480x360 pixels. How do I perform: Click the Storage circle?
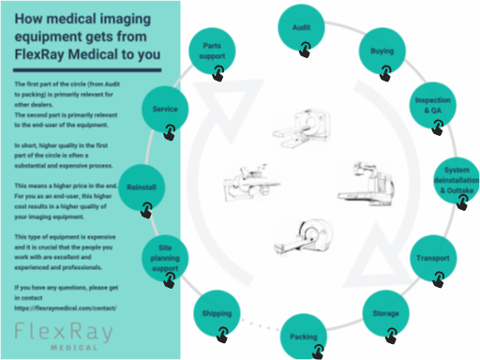(383, 312)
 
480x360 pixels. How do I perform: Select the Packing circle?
(304, 335)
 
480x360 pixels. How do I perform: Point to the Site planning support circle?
(166, 255)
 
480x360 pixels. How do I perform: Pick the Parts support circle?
(213, 52)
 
